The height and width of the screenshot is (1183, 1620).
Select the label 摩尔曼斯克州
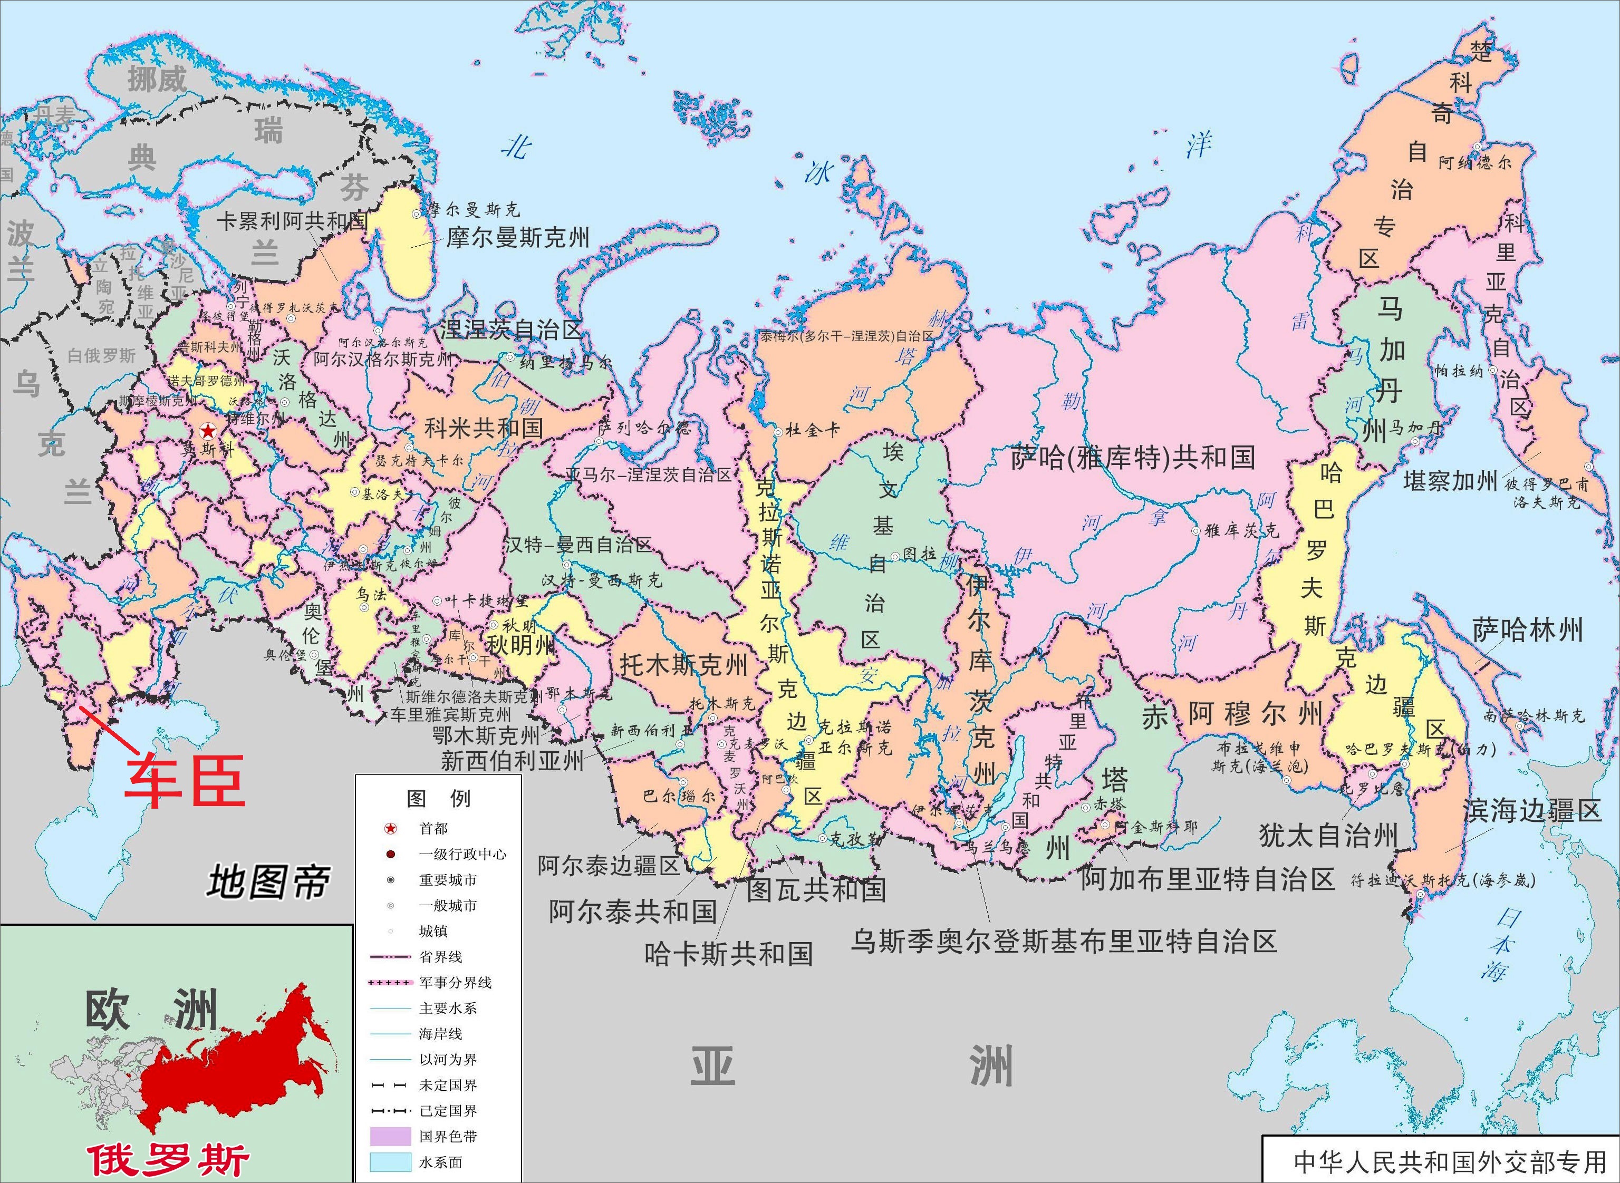517,237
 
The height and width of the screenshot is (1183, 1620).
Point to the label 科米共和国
484,428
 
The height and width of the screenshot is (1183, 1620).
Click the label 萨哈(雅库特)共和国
1133,458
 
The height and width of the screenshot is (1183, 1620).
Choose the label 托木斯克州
683,665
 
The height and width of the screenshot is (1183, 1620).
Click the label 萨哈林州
1527,630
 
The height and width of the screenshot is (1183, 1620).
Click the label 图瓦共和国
816,890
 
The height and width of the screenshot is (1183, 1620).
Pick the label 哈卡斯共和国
728,954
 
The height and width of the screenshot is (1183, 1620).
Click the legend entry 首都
433,829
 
